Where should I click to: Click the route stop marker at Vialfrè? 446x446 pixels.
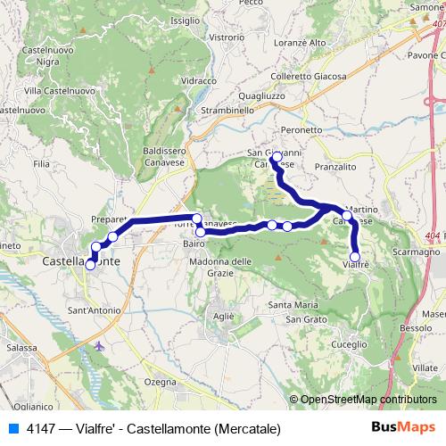pyautogui.click(x=355, y=257)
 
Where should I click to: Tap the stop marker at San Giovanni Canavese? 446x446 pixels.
pyautogui.click(x=277, y=157)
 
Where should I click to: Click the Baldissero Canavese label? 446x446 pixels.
pyautogui.click(x=164, y=156)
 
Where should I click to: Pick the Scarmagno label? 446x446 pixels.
pyautogui.click(x=416, y=252)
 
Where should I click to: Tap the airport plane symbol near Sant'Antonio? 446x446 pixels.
pyautogui.click(x=98, y=343)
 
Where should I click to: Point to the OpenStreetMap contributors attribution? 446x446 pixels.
pyautogui.click(x=367, y=401)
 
